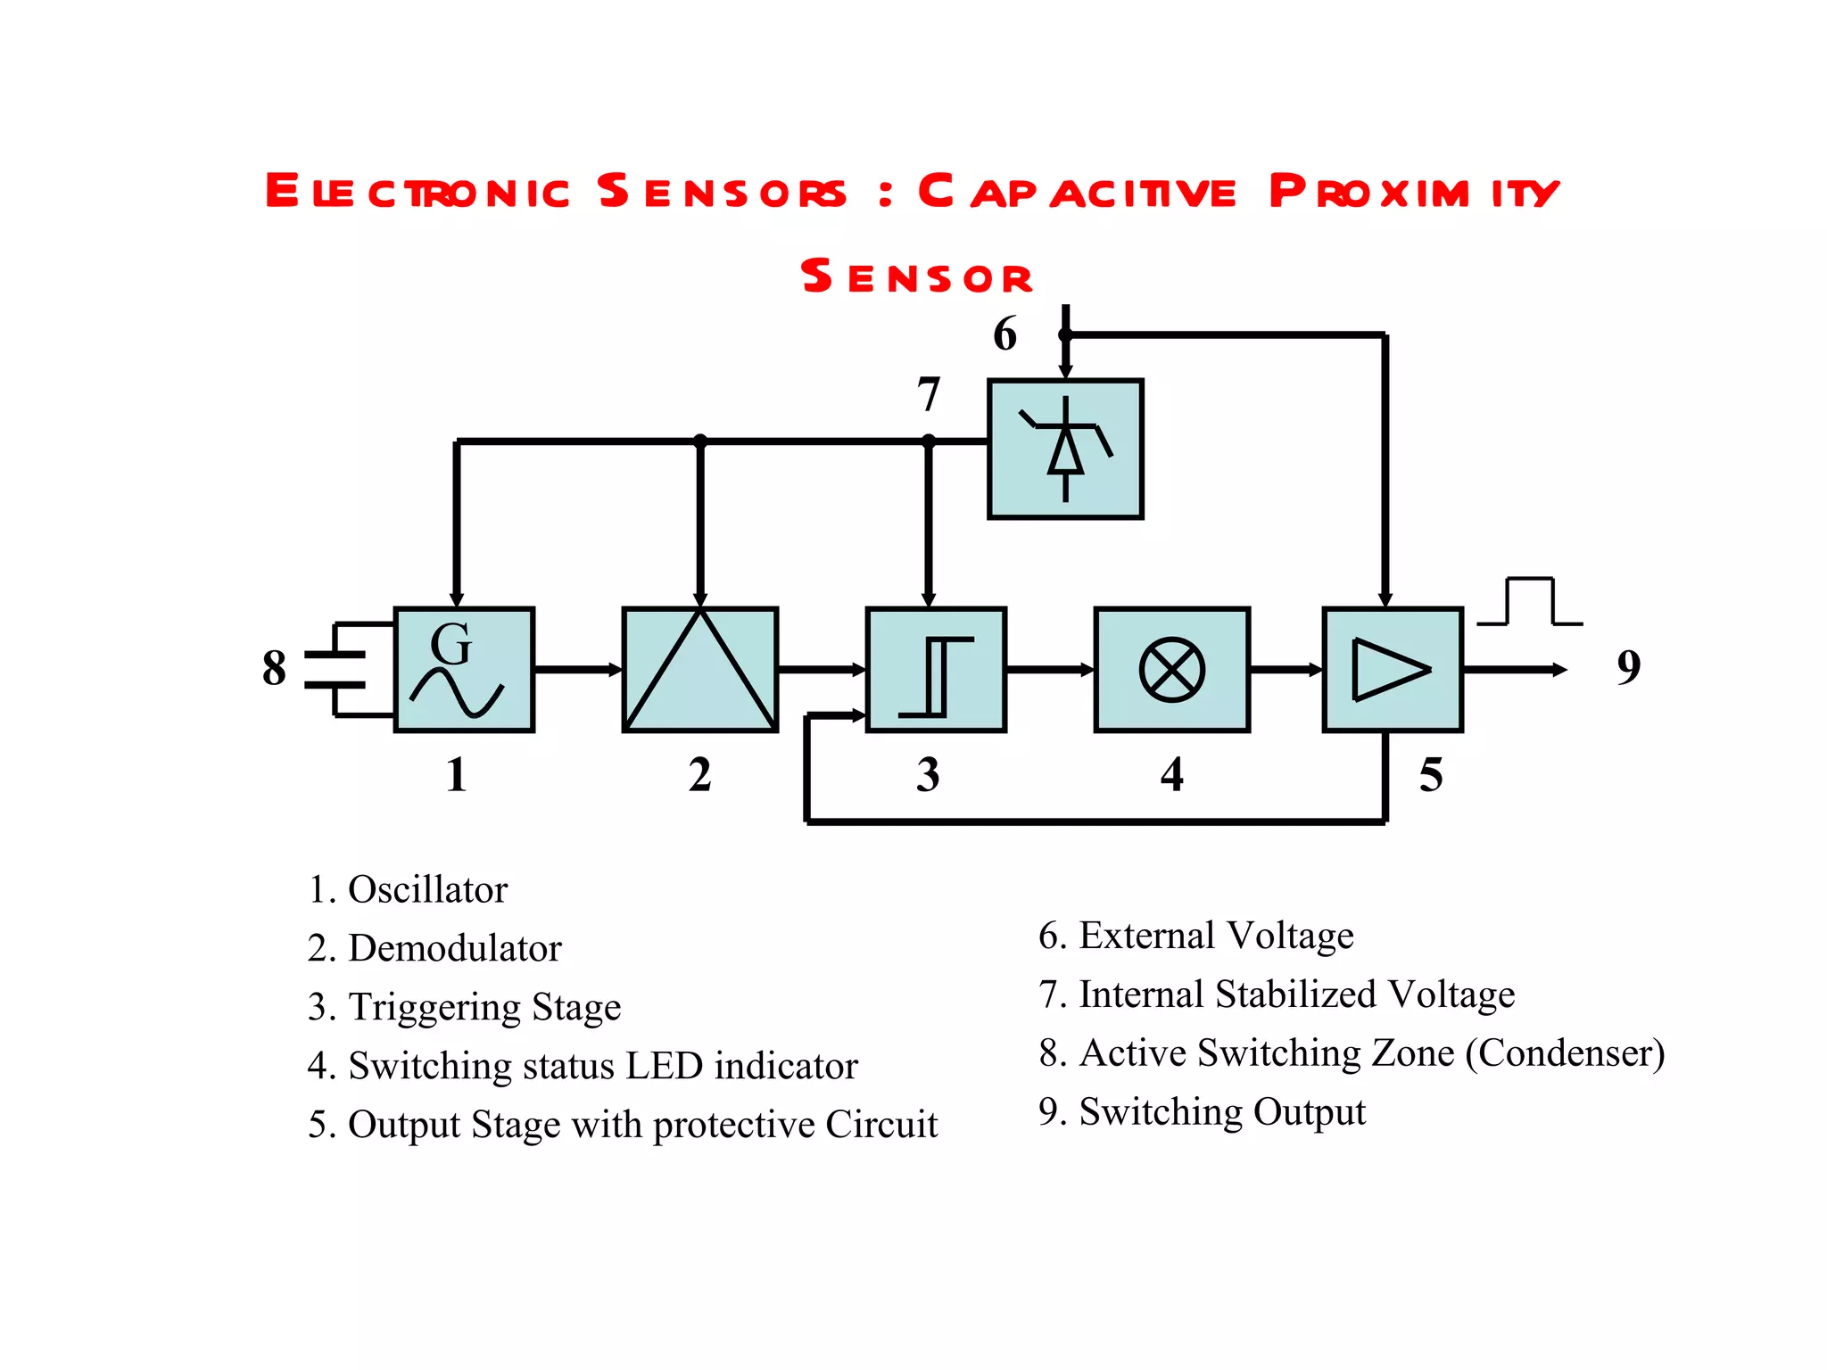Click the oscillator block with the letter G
click(x=464, y=669)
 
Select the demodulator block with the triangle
click(x=699, y=669)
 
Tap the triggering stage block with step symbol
click(x=936, y=669)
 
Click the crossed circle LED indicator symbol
click(x=1171, y=669)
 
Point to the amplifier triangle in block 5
click(x=1388, y=669)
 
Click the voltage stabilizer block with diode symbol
click(x=1065, y=449)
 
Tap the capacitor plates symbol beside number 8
click(x=336, y=669)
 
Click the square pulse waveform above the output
click(x=1530, y=602)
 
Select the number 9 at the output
click(x=1628, y=667)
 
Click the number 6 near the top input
click(x=1004, y=334)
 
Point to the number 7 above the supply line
click(x=929, y=393)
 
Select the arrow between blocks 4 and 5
click(x=1286, y=669)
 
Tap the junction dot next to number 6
click(x=1065, y=335)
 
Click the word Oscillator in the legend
click(x=427, y=889)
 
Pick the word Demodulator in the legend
click(x=454, y=948)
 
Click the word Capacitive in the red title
click(x=1078, y=191)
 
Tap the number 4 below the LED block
click(x=1171, y=774)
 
